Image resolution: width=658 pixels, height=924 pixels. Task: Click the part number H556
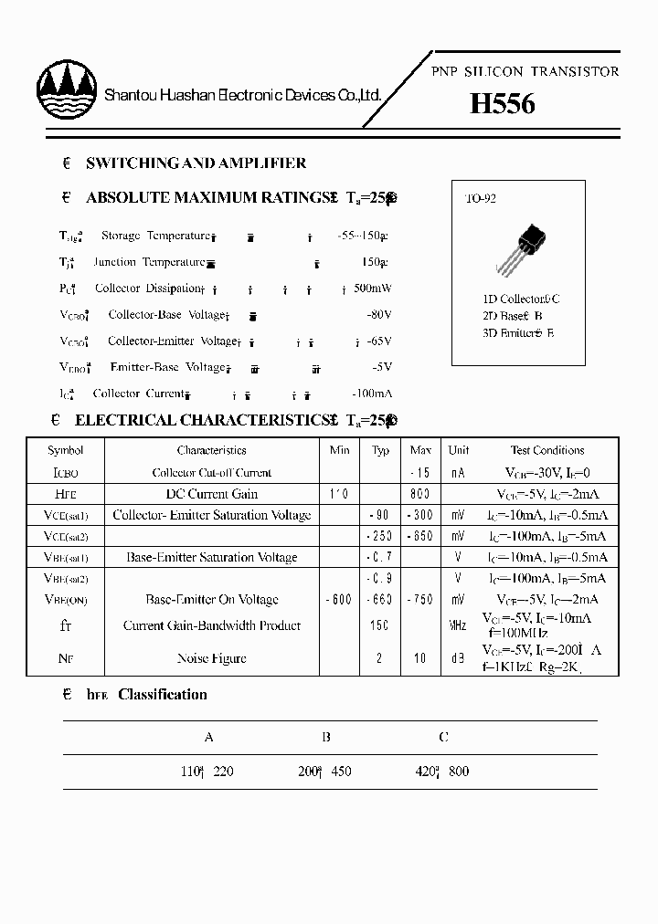(x=502, y=104)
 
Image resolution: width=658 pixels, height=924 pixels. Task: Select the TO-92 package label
(x=481, y=198)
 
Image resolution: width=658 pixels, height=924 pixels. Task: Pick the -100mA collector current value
(x=370, y=394)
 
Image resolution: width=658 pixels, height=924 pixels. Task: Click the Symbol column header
(x=66, y=450)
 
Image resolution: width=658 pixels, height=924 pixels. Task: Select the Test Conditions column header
(x=547, y=450)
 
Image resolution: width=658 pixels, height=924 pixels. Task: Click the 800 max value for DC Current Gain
(x=420, y=494)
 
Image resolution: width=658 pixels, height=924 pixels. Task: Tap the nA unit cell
(x=458, y=473)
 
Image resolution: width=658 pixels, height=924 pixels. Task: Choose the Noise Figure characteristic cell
(x=212, y=658)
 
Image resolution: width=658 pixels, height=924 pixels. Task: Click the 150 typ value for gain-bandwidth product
(x=379, y=625)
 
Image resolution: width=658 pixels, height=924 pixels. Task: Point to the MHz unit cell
(x=458, y=625)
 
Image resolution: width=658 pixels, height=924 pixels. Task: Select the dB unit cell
(x=458, y=658)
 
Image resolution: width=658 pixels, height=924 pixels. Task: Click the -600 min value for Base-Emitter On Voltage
(x=339, y=600)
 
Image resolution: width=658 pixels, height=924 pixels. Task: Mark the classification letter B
(x=326, y=737)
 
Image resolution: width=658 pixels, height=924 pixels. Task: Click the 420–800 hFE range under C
(x=441, y=772)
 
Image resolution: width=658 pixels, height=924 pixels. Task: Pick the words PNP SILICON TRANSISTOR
(x=525, y=71)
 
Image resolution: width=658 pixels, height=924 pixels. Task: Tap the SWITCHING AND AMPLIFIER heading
(x=196, y=163)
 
